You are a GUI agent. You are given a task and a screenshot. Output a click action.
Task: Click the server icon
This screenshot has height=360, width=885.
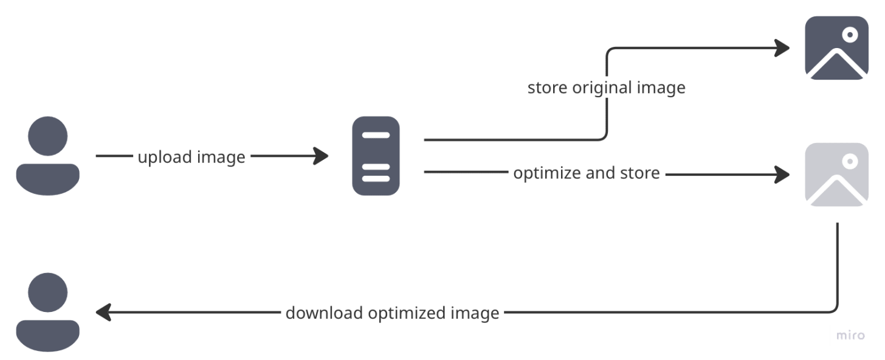376,156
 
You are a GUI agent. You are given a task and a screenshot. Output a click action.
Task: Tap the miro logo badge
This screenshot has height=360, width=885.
850,335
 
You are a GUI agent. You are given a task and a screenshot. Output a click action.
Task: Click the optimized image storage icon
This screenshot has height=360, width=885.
836,175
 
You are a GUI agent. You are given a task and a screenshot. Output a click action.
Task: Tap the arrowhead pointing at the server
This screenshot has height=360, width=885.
321,156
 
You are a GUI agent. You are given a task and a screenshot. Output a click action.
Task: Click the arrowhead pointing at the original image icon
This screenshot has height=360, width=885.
782,47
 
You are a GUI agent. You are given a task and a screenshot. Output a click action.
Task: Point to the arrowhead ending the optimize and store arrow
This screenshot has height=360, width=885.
782,175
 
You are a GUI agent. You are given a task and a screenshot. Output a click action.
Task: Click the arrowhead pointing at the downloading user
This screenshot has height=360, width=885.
103,313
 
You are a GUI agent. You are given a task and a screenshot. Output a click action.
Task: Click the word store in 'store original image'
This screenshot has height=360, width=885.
548,88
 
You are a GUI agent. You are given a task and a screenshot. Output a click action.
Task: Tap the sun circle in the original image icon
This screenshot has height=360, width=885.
850,34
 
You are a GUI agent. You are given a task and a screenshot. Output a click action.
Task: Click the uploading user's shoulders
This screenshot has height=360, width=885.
47,179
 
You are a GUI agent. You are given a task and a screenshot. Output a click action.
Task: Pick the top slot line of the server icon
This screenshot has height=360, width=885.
376,135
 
